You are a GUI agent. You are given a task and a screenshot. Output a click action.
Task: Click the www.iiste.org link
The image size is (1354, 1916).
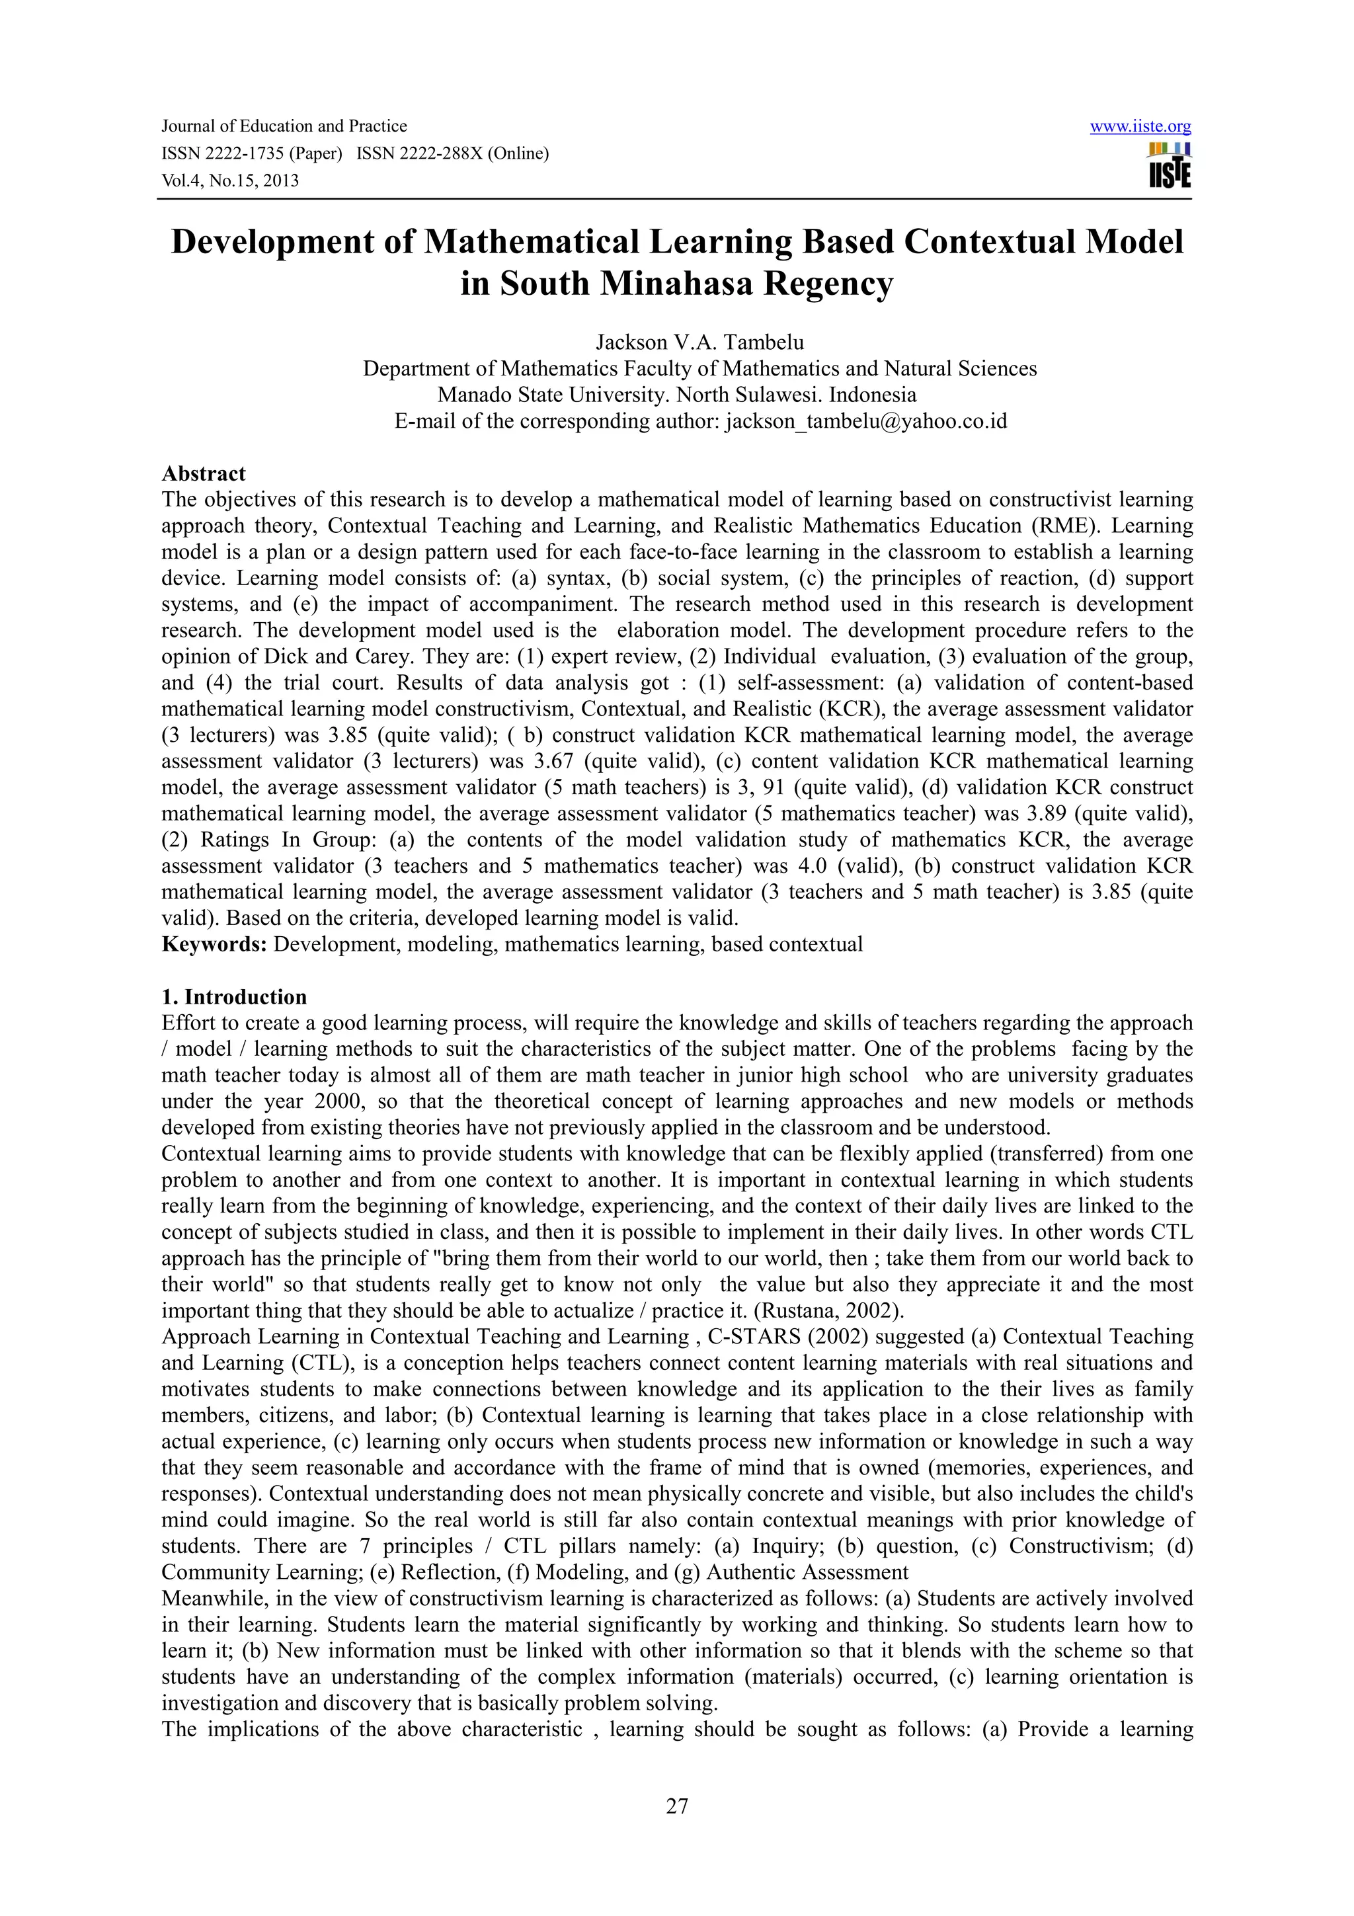pos(1140,127)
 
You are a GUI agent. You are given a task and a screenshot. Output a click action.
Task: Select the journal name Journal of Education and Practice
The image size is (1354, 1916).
pos(284,126)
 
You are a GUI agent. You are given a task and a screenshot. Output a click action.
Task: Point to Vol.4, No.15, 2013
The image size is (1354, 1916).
pos(229,180)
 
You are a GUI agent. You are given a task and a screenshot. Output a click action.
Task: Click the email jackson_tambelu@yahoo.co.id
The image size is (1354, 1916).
pos(866,420)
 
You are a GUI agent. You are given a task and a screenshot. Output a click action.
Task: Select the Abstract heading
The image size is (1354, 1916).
pos(204,473)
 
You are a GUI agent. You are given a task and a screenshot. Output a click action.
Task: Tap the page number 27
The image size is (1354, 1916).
pos(676,1806)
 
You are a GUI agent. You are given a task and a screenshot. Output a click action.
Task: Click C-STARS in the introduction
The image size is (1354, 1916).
pos(751,1336)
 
